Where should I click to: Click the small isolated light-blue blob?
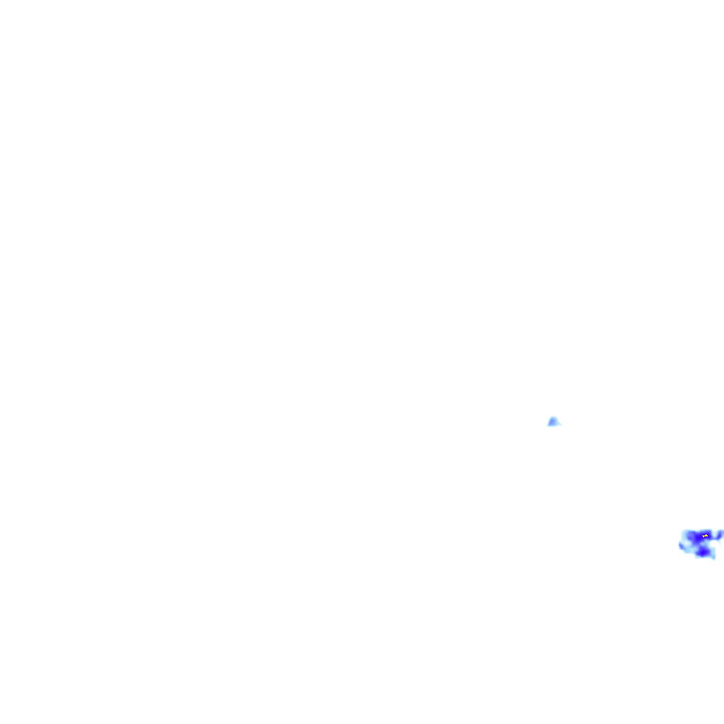553,421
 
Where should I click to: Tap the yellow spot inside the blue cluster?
705,535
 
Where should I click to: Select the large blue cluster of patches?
699,543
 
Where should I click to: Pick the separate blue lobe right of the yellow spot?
719,535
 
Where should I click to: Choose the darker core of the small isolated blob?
552,422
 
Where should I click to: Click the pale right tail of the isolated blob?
558,423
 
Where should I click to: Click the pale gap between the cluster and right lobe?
715,536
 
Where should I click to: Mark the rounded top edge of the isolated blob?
553,418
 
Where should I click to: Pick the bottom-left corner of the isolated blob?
549,425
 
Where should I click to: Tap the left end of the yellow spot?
703,535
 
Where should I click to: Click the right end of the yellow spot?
707,535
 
